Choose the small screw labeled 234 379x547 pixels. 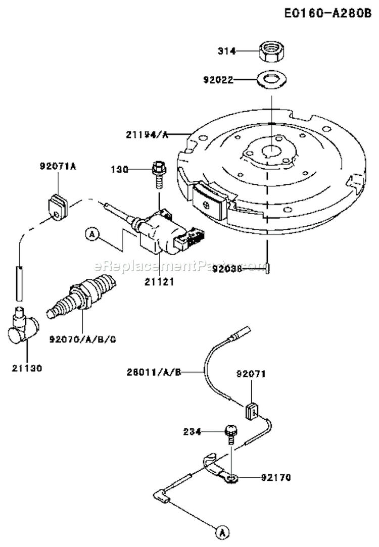point(230,432)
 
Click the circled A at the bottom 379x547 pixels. point(220,531)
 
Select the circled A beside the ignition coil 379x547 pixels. point(91,234)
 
